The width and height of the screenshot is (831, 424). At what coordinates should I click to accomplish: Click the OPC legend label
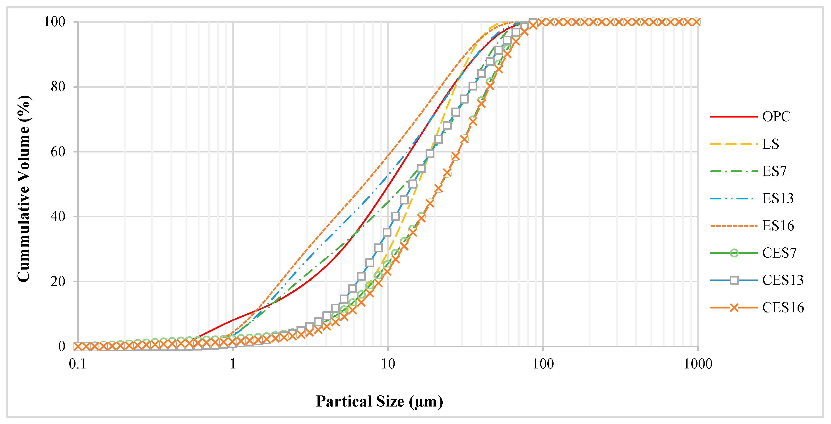(x=776, y=117)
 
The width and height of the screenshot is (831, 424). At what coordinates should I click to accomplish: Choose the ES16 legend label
(x=778, y=226)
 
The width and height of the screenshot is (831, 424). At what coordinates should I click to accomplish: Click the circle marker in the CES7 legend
(x=734, y=253)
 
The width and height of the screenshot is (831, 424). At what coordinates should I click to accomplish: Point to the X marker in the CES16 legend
(x=734, y=308)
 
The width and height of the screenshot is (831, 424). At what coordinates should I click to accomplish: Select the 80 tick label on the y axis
(x=58, y=87)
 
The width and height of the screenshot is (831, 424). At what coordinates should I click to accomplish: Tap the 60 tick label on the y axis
(x=58, y=152)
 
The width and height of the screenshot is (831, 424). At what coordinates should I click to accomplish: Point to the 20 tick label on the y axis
(x=58, y=281)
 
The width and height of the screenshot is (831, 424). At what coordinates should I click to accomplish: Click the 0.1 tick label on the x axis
(x=78, y=364)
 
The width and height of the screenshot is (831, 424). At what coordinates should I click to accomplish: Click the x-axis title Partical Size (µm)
(x=379, y=402)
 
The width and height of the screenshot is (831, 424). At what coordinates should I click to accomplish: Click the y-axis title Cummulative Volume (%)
(x=24, y=189)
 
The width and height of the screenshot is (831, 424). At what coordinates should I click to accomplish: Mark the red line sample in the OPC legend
(x=734, y=117)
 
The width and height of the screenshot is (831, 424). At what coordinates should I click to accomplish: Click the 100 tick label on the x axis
(x=543, y=364)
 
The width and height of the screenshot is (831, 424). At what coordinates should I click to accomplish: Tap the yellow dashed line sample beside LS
(x=734, y=144)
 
